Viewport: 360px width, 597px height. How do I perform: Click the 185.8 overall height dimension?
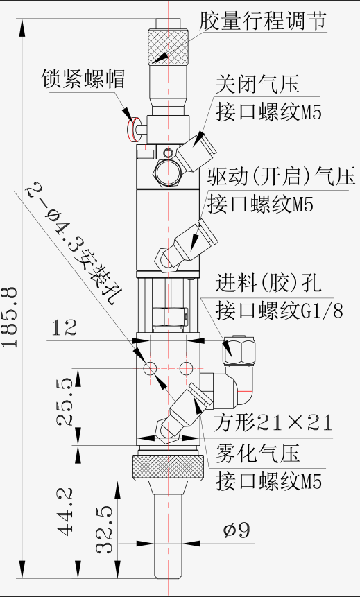[10, 317]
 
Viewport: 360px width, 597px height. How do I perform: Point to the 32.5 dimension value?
[104, 529]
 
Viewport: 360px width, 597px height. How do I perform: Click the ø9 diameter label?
[237, 530]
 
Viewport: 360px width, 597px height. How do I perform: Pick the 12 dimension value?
[64, 328]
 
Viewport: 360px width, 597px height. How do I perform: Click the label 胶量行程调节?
[264, 20]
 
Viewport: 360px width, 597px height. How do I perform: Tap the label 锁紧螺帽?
[83, 78]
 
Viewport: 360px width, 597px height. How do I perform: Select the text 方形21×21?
[273, 423]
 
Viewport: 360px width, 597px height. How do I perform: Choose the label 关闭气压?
[257, 84]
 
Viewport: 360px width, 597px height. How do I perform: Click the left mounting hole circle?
[150, 368]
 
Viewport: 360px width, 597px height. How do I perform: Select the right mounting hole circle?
[187, 368]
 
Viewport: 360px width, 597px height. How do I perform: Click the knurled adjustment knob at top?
[168, 46]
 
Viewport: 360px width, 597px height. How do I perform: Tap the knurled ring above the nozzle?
[168, 467]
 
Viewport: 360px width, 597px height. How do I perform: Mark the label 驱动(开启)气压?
[281, 176]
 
